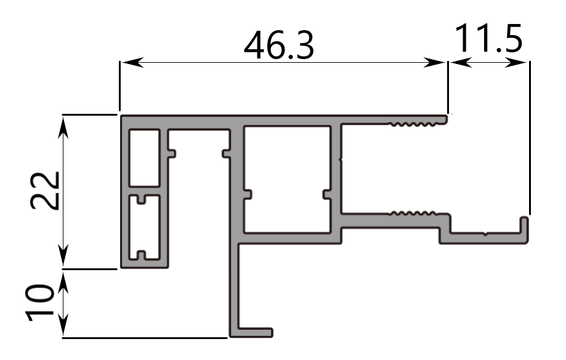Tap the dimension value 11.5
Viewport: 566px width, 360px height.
489,38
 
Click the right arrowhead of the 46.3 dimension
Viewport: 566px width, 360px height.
439,62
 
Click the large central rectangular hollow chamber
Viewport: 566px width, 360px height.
288,178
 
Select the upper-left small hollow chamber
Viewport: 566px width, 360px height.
144,157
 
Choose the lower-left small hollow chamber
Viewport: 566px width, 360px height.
144,226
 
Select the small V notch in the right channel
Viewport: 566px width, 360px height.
486,234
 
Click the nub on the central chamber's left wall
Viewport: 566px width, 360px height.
248,194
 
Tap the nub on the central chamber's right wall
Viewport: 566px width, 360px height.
327,194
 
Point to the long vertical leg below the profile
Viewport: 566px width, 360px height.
235,283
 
